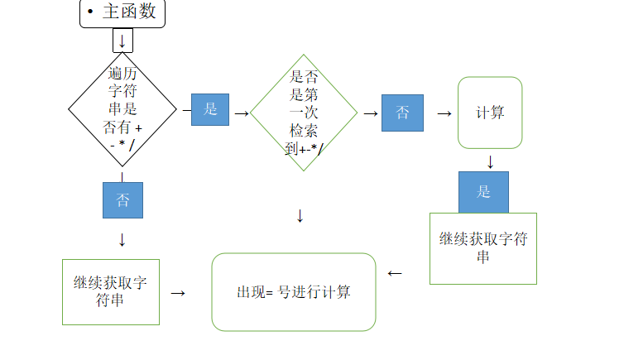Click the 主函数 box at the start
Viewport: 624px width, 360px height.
[x=122, y=13]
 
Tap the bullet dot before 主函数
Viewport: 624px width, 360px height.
[x=89, y=12]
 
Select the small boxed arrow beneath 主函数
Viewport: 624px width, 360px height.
[x=122, y=41]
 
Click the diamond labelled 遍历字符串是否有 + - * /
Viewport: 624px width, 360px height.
[x=122, y=108]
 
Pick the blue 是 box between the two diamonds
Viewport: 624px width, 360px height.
[x=210, y=109]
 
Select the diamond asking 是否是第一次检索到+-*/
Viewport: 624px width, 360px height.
[x=304, y=113]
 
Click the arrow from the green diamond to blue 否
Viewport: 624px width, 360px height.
[x=370, y=113]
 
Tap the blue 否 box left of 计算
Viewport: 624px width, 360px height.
[x=402, y=113]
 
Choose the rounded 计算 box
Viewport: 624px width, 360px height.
[x=490, y=113]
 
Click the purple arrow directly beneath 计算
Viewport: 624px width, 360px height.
[x=490, y=161]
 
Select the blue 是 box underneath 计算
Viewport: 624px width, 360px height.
[x=484, y=192]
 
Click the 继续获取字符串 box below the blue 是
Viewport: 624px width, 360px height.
[x=483, y=248]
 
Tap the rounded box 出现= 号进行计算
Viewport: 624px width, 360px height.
[x=294, y=292]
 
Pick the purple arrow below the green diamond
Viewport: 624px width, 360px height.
[x=300, y=217]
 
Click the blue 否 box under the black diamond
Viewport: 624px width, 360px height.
[x=122, y=200]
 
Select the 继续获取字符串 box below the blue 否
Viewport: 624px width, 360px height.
[x=111, y=291]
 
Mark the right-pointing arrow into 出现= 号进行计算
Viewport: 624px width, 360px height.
[x=177, y=293]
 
